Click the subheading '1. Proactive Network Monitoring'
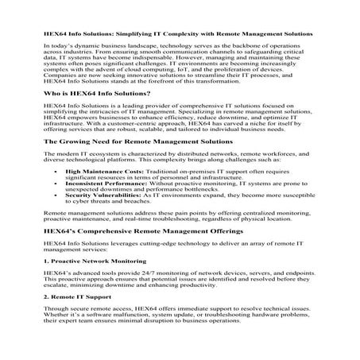(x=87, y=282)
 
